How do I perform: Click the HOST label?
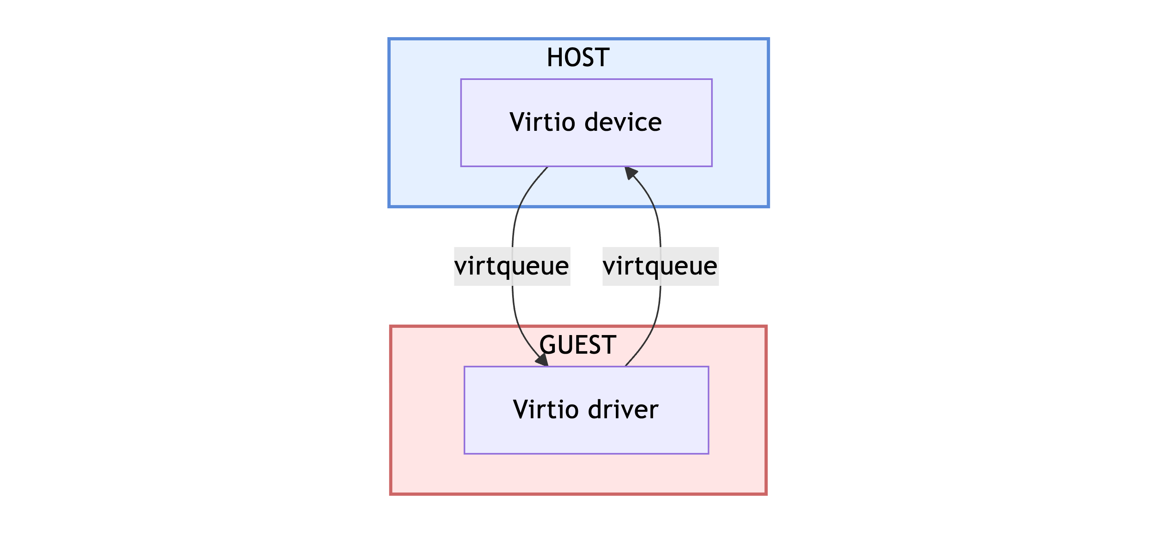pos(578,58)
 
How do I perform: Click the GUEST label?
pos(578,345)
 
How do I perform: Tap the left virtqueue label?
pos(512,266)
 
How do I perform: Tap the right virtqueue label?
pos(660,266)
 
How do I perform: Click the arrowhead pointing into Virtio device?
pos(630,173)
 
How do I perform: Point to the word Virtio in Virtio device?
pos(542,122)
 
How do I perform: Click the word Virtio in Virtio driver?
pos(545,409)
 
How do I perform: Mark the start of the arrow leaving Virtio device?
pos(547,168)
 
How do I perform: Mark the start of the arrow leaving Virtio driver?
pos(626,365)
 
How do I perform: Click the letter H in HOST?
pos(554,58)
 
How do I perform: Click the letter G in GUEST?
pos(548,345)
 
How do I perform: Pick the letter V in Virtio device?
pos(517,122)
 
